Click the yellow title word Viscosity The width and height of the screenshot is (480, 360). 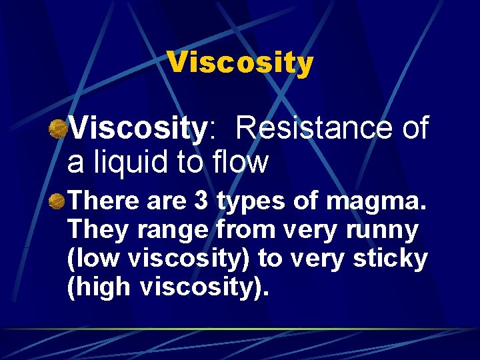pos(240,63)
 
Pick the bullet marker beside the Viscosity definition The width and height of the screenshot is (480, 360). pos(59,129)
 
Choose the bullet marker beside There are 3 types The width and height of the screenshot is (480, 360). pos(59,200)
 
